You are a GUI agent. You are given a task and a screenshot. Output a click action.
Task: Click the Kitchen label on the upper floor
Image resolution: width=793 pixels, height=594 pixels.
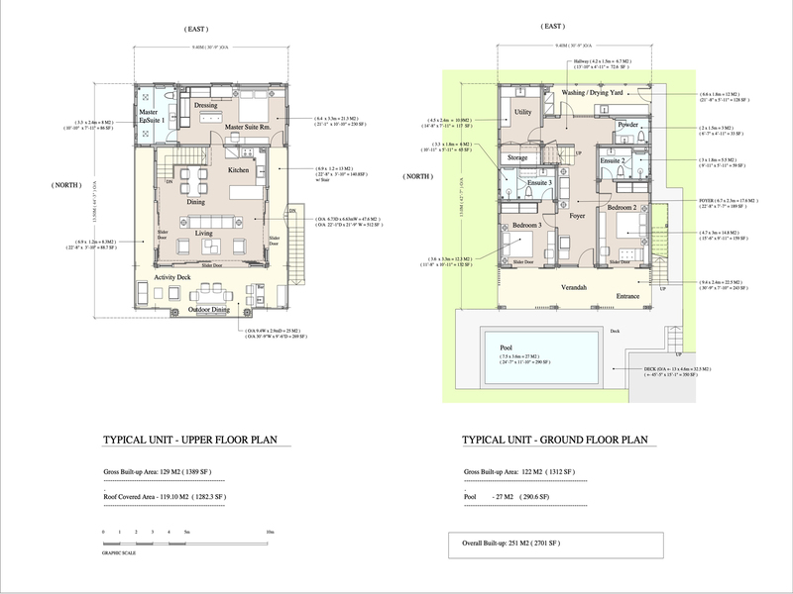[238, 170]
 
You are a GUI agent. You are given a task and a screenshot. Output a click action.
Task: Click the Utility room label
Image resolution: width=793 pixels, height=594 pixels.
[523, 115]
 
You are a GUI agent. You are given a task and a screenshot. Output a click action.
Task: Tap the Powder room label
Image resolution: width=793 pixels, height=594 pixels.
[626, 125]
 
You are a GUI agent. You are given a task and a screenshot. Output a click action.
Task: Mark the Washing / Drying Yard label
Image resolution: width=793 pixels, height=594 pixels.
[598, 93]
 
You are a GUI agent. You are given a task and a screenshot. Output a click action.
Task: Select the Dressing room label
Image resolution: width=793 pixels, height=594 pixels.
[206, 105]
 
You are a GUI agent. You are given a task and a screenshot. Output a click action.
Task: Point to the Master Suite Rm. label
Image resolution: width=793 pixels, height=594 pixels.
[248, 127]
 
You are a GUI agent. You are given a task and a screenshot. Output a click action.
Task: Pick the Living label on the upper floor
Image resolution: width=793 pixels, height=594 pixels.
[203, 234]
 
